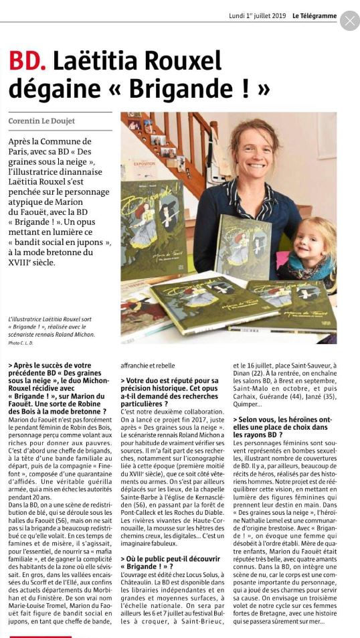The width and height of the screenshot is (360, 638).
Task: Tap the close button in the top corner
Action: click(349, 21)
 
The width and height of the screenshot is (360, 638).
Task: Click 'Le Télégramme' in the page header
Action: click(314, 16)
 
